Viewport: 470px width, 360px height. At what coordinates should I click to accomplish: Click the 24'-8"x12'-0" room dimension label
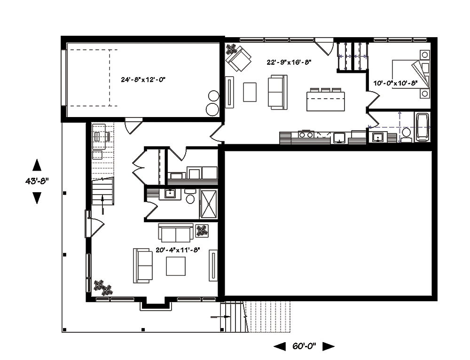[143, 80]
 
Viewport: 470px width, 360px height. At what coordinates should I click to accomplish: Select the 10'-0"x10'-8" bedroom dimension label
[395, 83]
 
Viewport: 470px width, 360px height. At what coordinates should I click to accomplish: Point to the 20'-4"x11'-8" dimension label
[178, 250]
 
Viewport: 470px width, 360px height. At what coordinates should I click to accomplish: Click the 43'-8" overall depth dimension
[37, 181]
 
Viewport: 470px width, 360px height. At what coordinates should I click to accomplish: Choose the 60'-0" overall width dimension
[304, 346]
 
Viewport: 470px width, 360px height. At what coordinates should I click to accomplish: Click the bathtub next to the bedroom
[422, 127]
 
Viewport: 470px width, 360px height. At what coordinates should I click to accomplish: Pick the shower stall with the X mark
[209, 203]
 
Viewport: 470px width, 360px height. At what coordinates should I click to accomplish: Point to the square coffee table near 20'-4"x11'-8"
[175, 266]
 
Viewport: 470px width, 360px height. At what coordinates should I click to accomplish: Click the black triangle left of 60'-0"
[280, 346]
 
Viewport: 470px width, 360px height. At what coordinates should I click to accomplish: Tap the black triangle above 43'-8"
[37, 165]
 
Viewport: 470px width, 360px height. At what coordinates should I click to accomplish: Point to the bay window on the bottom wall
[155, 305]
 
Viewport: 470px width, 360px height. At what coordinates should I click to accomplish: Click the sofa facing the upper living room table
[278, 92]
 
